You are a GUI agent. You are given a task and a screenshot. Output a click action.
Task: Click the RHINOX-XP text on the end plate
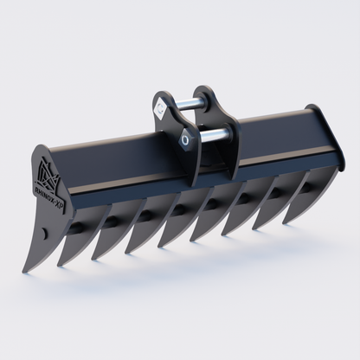tap(49, 183)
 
